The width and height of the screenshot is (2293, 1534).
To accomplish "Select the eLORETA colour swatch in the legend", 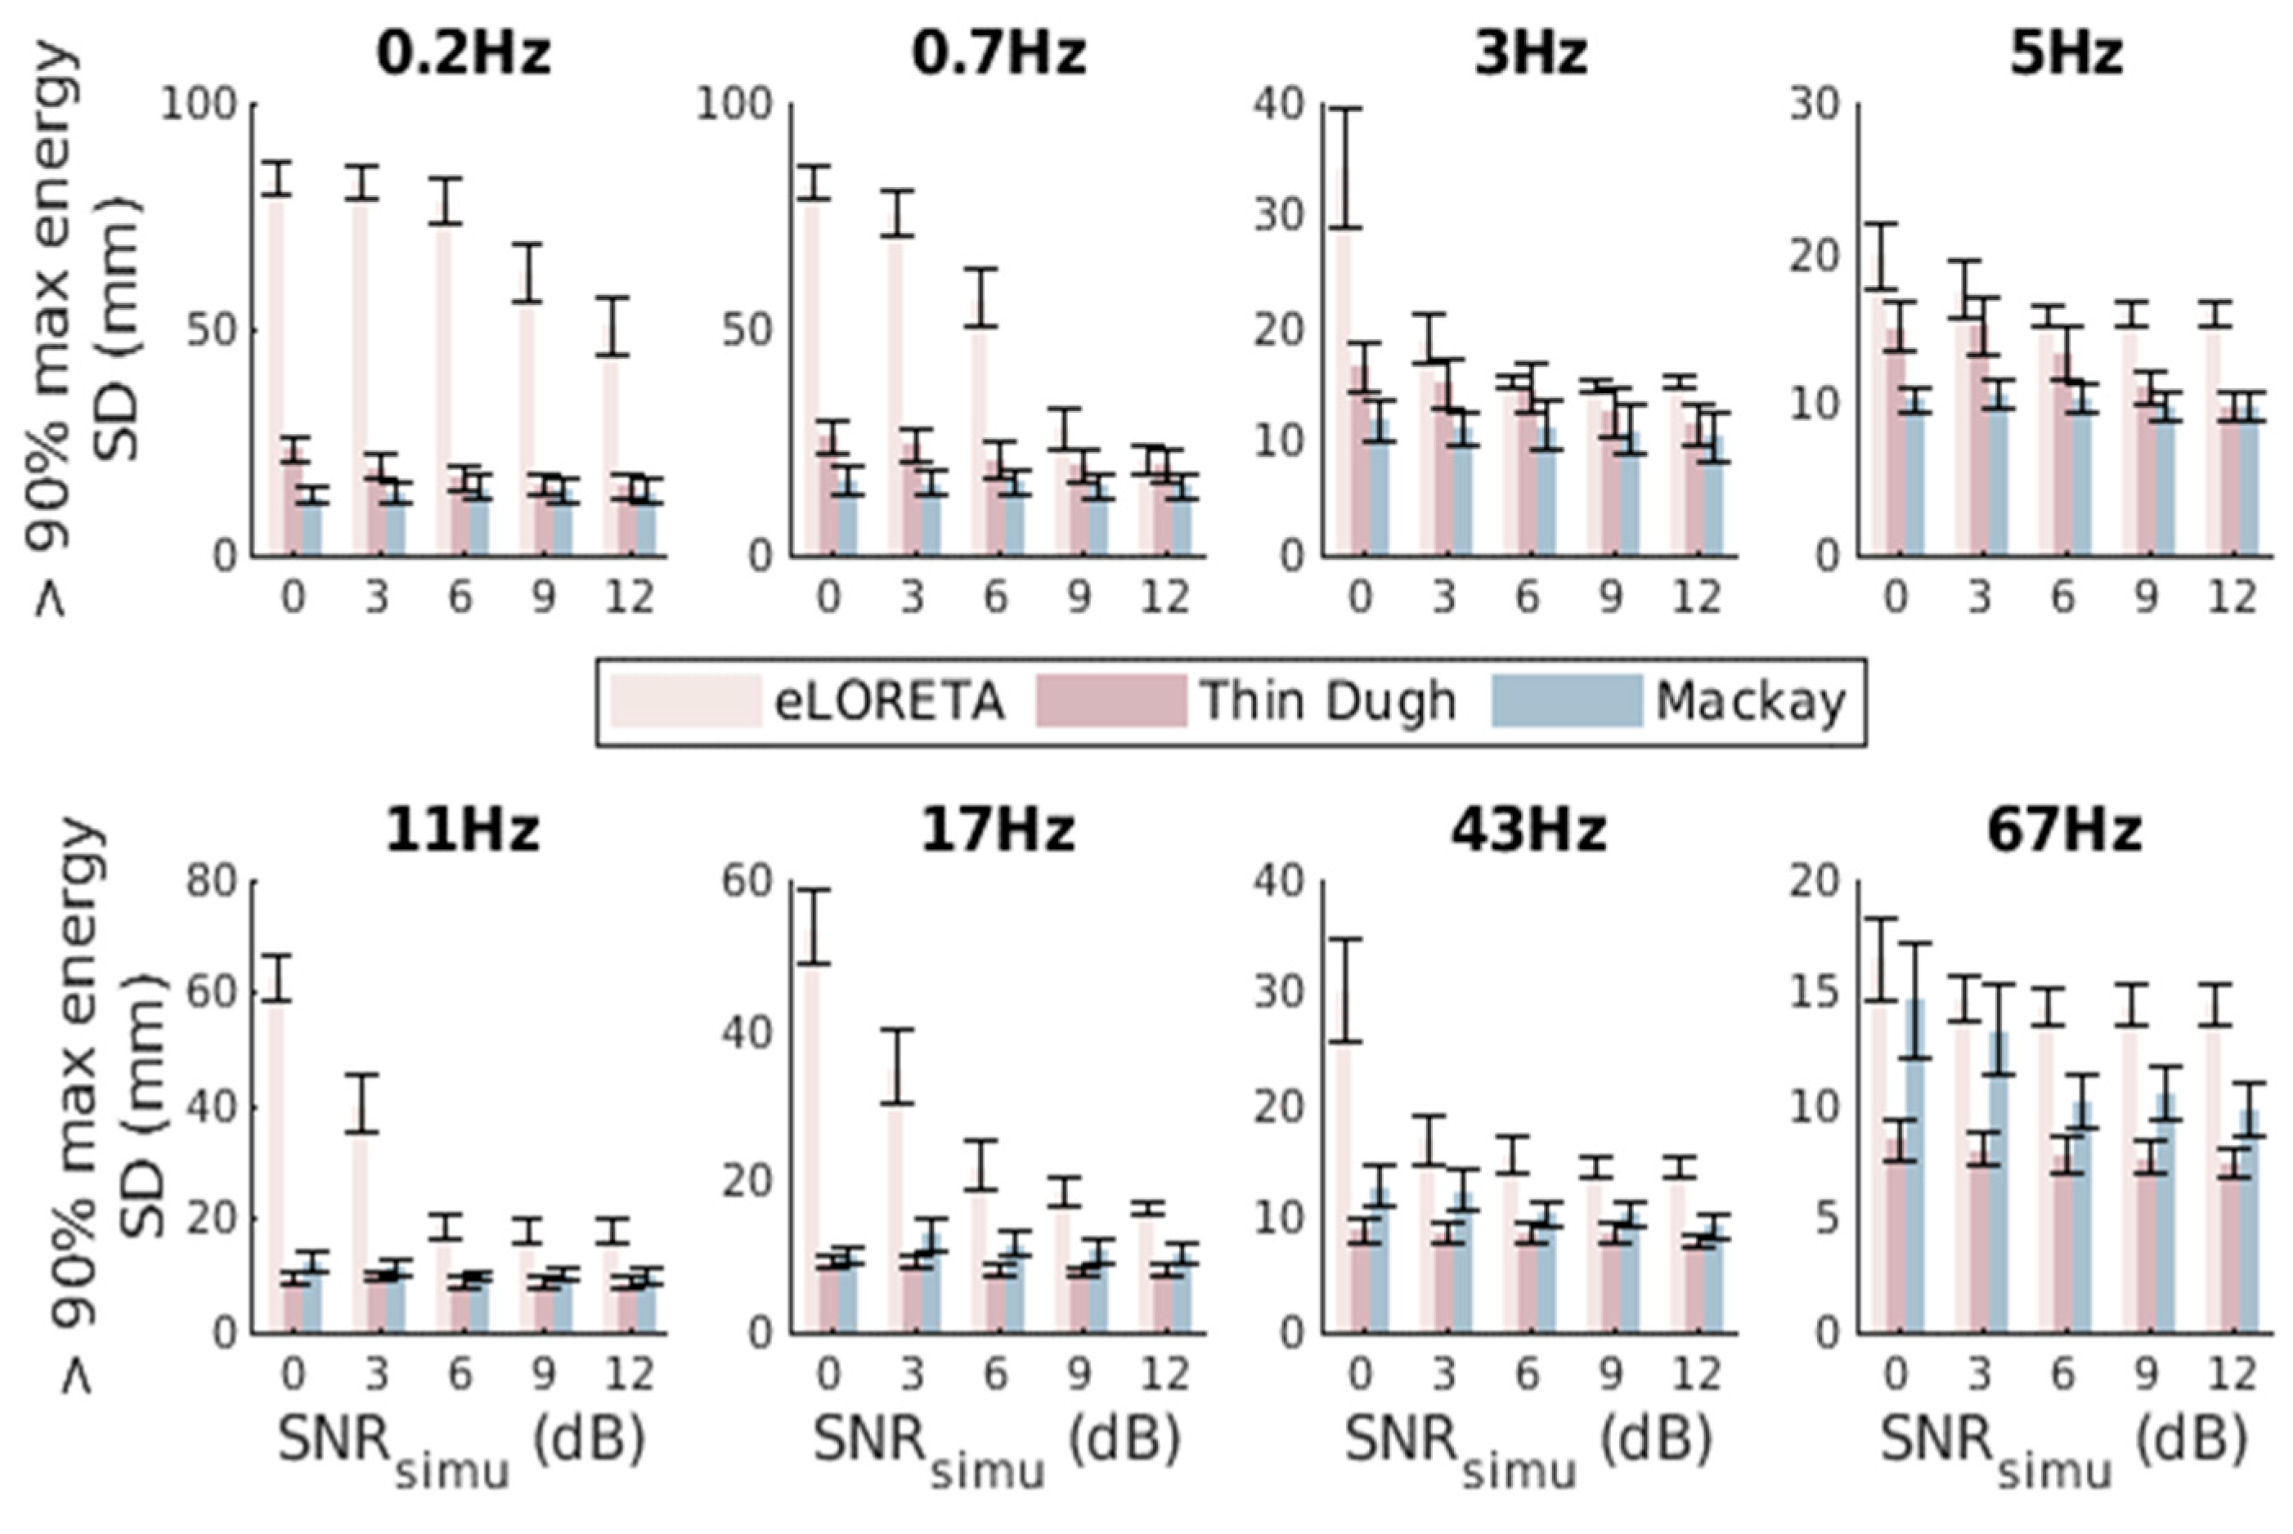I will (685, 701).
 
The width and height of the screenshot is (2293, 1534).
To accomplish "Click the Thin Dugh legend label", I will (1328, 701).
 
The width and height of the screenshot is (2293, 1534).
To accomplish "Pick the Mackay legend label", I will (1750, 701).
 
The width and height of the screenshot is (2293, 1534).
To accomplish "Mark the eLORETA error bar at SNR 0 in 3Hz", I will (1347, 168).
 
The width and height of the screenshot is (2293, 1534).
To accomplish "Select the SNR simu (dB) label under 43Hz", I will (1528, 1446).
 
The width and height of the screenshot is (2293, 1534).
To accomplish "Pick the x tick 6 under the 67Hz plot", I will (2062, 1374).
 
